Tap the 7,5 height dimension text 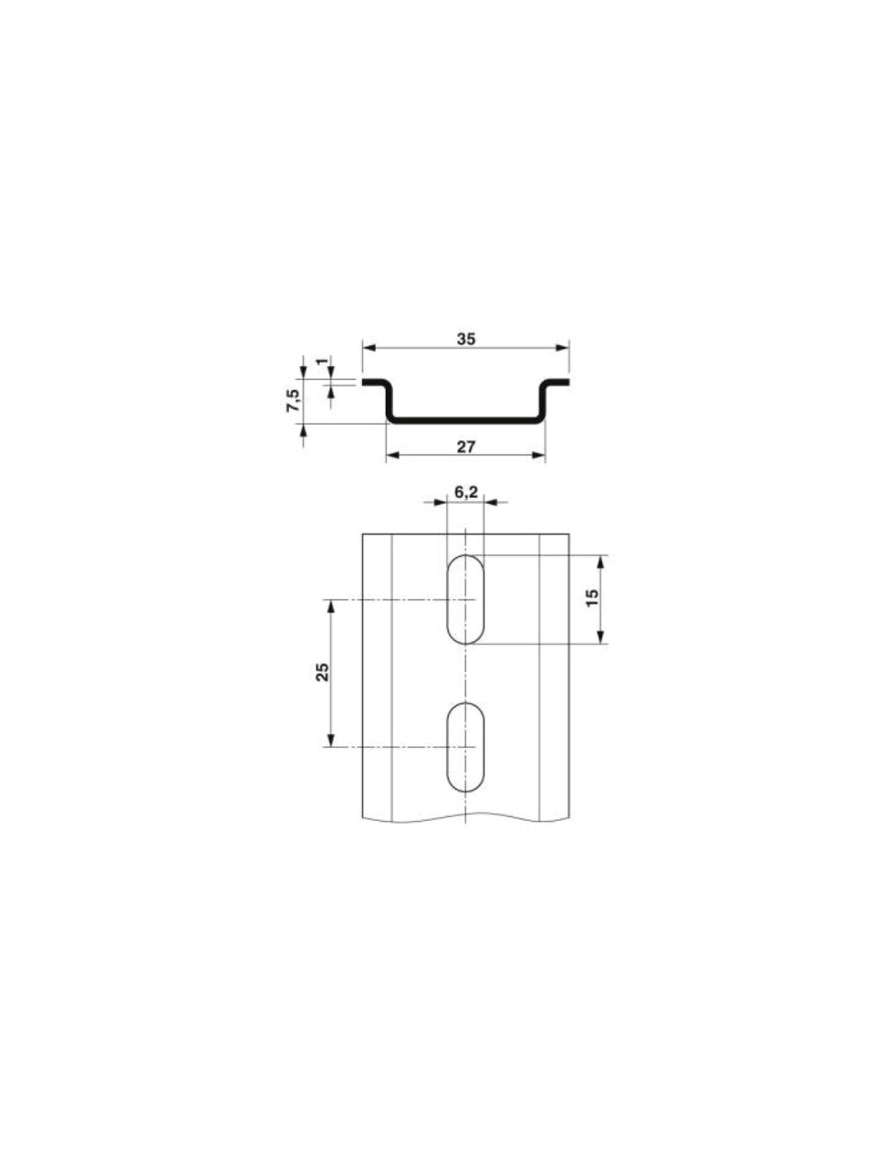click(294, 399)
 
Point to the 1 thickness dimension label click(321, 361)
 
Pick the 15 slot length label click(592, 596)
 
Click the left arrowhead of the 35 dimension click(369, 347)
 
